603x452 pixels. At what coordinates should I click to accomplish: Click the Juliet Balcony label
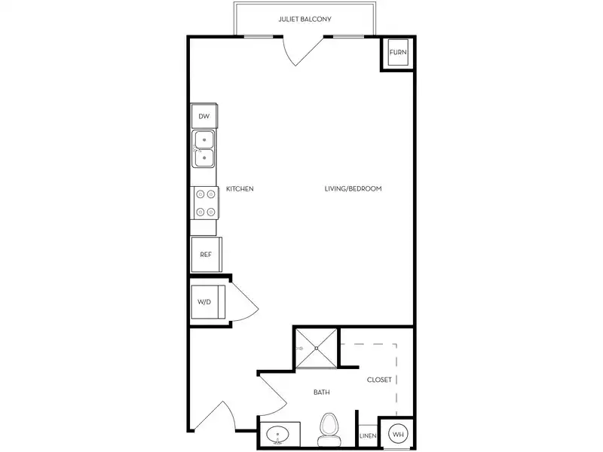tap(305, 20)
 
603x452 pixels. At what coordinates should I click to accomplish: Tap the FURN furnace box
tap(398, 52)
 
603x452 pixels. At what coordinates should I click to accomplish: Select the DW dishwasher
tap(204, 116)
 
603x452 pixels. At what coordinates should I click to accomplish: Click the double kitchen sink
tap(204, 148)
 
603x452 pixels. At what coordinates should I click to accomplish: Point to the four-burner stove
tap(204, 203)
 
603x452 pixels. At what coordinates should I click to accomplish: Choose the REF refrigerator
tap(206, 255)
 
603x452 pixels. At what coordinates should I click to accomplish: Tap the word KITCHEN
tap(240, 189)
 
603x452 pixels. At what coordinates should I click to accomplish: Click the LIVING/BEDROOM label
tap(353, 189)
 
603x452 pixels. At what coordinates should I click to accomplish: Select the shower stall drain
tap(317, 348)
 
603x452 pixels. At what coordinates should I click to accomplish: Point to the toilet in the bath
tap(328, 429)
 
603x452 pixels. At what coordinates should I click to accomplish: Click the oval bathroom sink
tap(277, 435)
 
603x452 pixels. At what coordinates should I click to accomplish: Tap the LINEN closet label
tap(368, 436)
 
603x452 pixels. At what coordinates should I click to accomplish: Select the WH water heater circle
tap(398, 435)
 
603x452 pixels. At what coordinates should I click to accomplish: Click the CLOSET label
tap(379, 380)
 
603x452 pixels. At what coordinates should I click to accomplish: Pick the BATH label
tap(322, 392)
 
